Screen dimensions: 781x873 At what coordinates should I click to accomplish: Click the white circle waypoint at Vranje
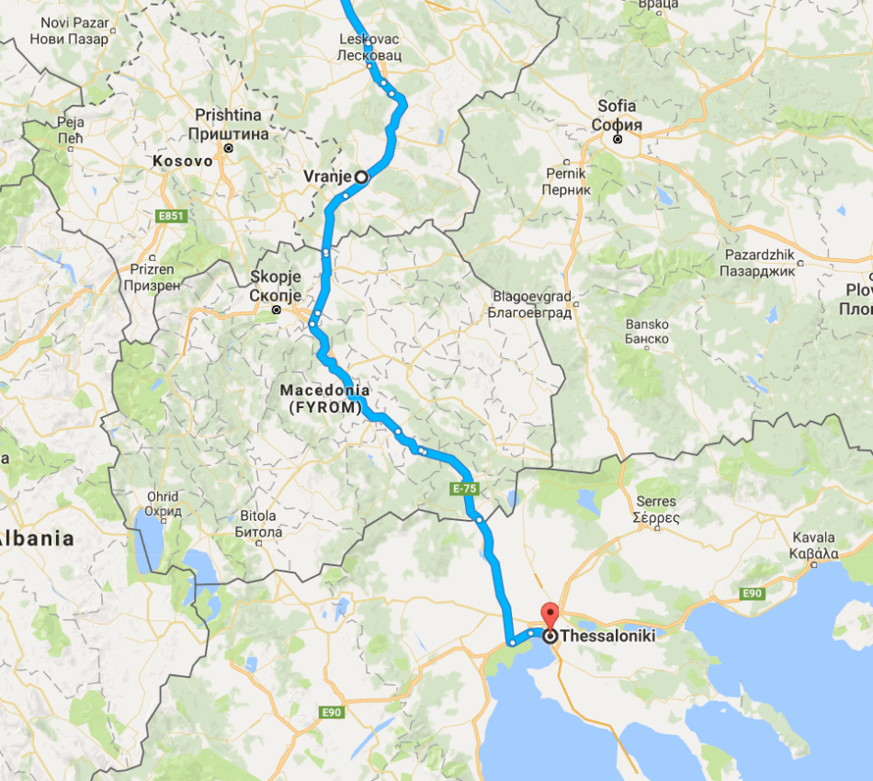(x=361, y=176)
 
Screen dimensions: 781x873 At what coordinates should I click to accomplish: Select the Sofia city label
(x=617, y=115)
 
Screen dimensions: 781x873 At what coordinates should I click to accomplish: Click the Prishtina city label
(x=228, y=124)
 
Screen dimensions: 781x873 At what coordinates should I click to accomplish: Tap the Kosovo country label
(x=182, y=161)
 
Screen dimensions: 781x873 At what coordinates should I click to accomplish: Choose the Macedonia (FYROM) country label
(x=321, y=399)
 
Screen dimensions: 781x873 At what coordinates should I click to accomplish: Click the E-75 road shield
(x=464, y=490)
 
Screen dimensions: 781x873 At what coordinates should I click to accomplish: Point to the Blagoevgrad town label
(x=532, y=305)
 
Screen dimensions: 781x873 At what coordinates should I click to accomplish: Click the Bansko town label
(x=647, y=332)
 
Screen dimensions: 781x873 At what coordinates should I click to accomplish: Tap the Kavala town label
(x=813, y=545)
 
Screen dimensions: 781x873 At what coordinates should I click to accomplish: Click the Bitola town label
(x=257, y=524)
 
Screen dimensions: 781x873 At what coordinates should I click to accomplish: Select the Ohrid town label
(x=163, y=504)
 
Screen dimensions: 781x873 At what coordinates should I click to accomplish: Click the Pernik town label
(x=565, y=181)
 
